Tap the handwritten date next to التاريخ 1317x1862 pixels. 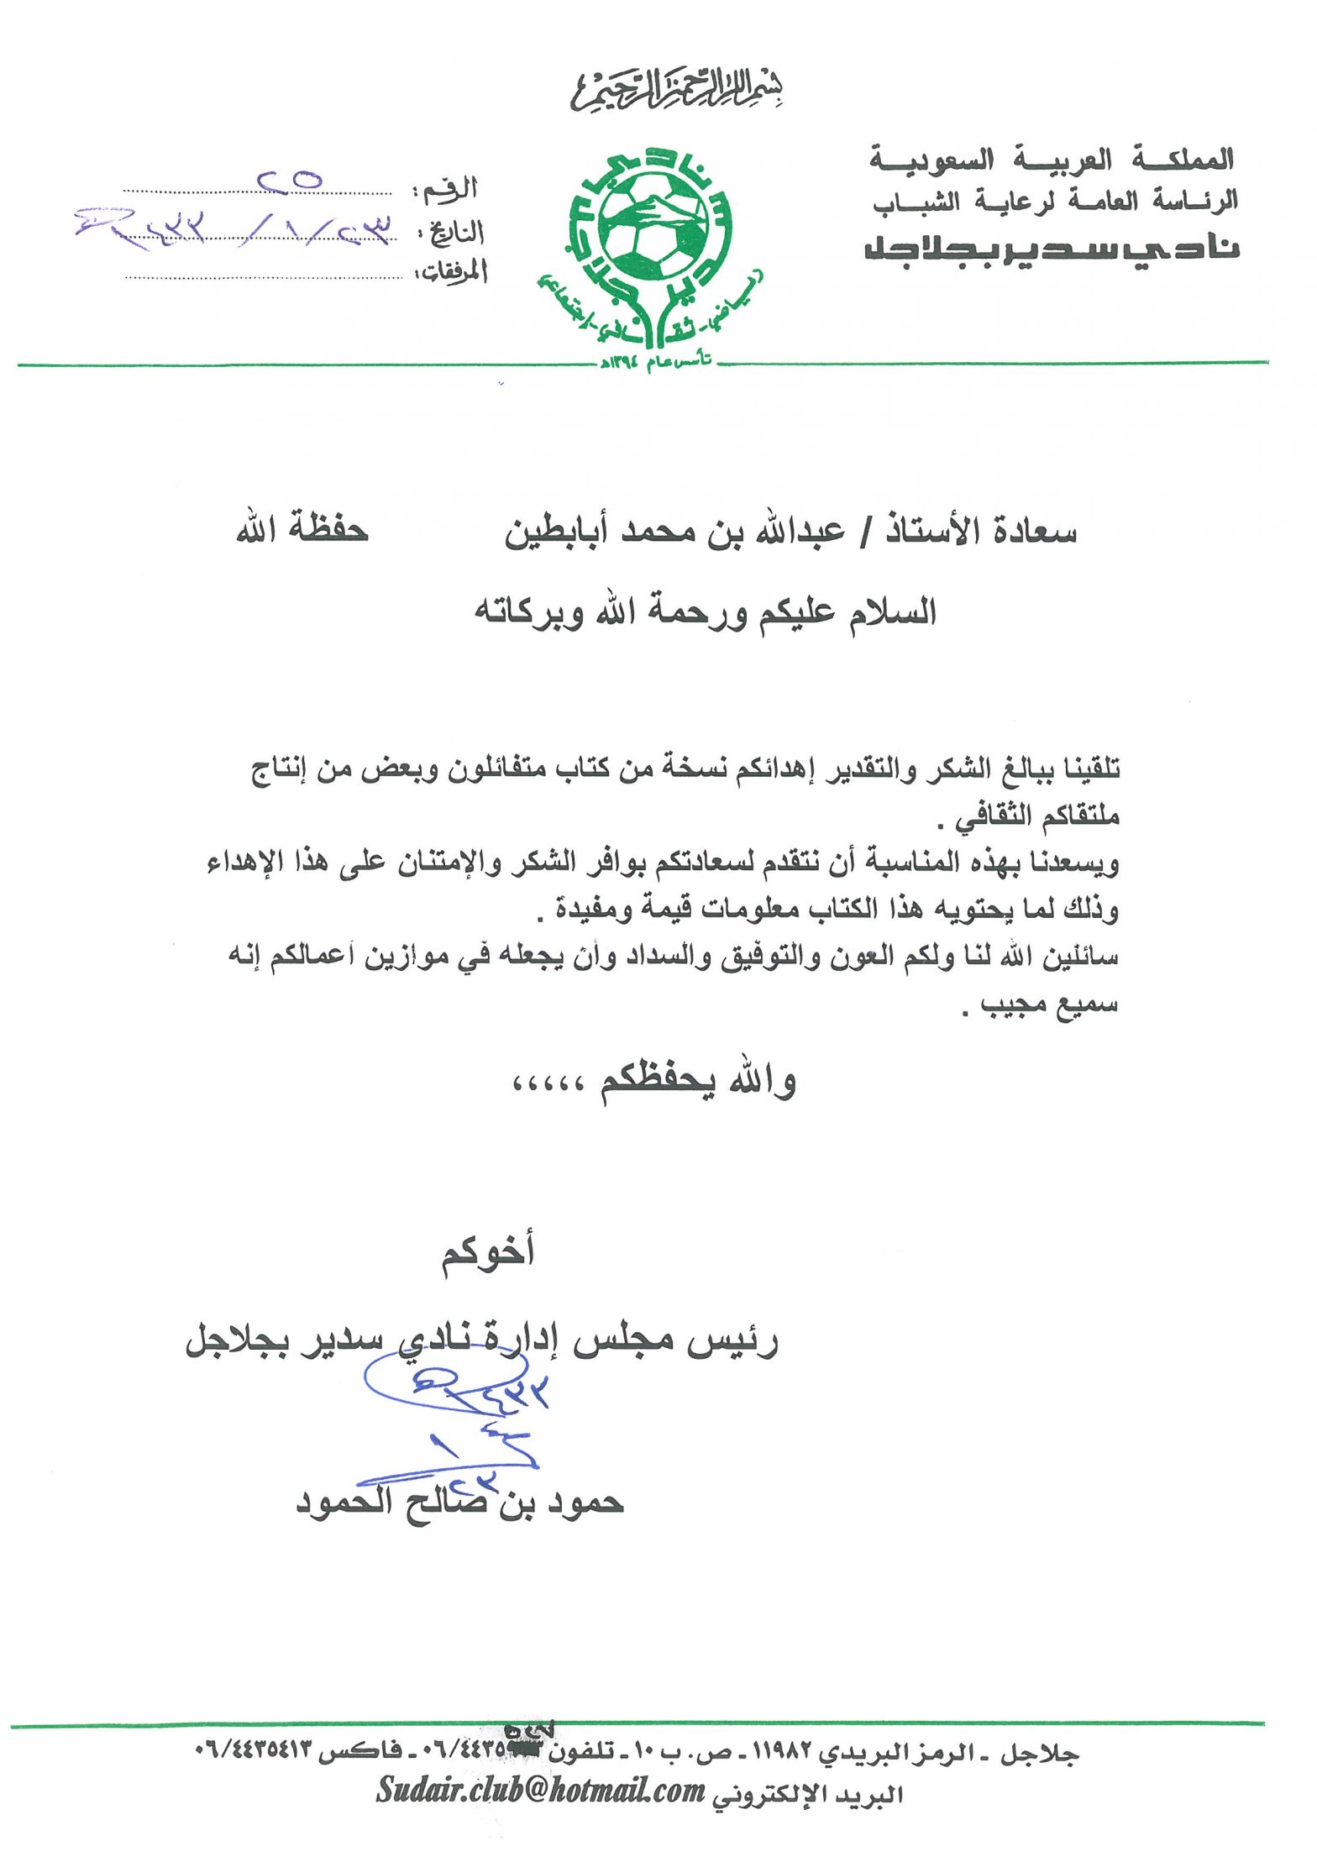click(235, 225)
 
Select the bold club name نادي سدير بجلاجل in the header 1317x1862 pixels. click(1051, 249)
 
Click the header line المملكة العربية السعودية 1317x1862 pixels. click(1051, 159)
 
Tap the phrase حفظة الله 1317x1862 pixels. click(302, 530)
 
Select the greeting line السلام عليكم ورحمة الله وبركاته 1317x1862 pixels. click(705, 612)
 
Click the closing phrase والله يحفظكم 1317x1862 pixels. click(697, 1082)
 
